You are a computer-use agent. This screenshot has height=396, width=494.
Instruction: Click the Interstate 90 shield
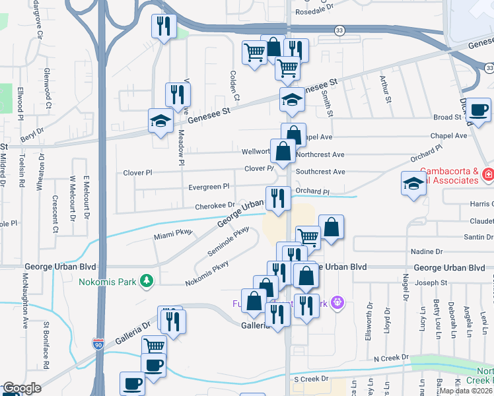[x=98, y=345]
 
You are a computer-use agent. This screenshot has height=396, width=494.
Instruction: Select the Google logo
[x=22, y=388]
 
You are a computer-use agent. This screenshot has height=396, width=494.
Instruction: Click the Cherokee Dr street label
[x=214, y=206]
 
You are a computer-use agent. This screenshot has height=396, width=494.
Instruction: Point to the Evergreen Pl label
[x=207, y=187]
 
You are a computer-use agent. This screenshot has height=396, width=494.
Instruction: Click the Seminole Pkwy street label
[x=228, y=242]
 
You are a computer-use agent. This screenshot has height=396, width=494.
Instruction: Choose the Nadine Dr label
[x=426, y=251]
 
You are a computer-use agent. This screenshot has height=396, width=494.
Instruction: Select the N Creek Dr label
[x=391, y=358]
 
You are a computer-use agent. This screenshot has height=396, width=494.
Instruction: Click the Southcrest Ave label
[x=320, y=172]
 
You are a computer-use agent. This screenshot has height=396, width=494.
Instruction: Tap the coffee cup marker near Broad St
[x=479, y=110]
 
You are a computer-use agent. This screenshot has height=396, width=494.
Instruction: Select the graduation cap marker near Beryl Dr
[x=160, y=121]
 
